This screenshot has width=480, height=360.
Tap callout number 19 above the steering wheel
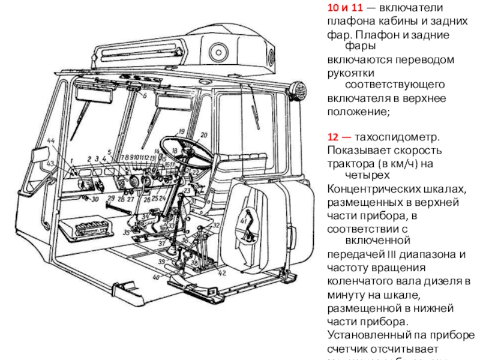180,131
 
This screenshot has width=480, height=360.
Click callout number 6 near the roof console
145,95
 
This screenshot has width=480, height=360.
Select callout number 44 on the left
51,140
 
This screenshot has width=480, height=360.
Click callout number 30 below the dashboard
94,199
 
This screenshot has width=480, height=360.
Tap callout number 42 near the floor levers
222,273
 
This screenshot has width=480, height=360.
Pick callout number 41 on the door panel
243,222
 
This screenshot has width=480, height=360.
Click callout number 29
110,197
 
